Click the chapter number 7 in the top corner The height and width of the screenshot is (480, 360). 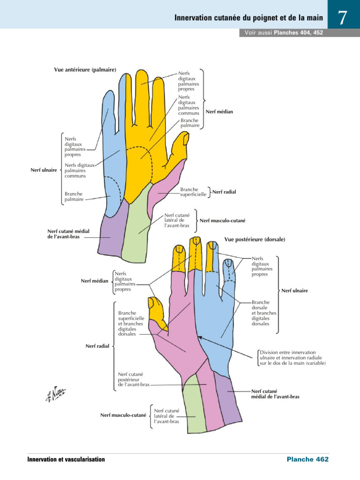343,18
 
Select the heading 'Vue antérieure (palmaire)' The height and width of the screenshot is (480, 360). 85,70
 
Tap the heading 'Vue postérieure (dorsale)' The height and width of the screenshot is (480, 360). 255,239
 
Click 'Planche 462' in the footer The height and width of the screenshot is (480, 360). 307,459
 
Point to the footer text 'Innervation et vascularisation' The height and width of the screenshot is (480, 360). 66,459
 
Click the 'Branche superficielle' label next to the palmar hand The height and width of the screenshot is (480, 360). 193,192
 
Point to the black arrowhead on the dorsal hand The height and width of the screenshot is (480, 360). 199,337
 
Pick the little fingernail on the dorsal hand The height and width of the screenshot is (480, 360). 230,266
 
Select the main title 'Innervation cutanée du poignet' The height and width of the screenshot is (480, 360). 248,18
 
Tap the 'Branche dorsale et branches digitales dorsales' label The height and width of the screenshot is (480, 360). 263,313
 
